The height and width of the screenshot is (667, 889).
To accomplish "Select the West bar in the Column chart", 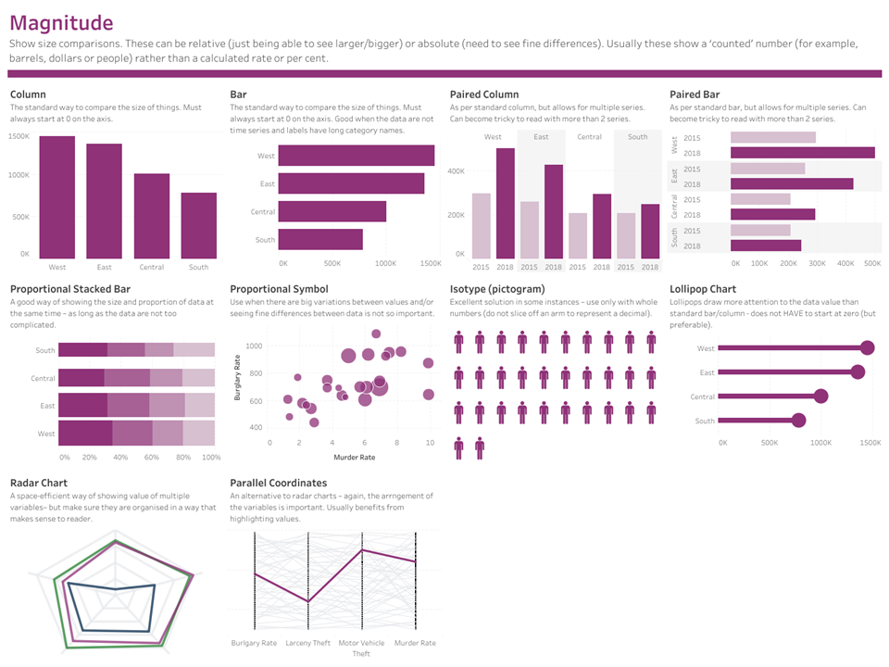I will click(57, 197).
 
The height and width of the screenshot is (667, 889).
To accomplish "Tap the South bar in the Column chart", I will click(198, 225).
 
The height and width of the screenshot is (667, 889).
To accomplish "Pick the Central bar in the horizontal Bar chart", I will click(332, 211).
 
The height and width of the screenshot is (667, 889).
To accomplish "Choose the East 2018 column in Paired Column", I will click(554, 211).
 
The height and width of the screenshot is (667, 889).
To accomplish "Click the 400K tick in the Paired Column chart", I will click(455, 171).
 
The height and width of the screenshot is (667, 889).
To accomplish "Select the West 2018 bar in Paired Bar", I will click(802, 153).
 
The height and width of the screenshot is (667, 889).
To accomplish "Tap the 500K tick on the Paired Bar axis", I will click(871, 264).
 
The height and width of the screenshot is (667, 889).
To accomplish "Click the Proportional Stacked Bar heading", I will click(69, 289).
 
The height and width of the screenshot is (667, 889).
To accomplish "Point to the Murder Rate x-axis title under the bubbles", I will click(354, 458).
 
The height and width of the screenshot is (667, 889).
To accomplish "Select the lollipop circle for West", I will click(867, 348).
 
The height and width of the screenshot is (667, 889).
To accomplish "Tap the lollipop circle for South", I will click(798, 421).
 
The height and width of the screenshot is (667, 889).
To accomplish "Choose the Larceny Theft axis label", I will click(307, 643).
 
